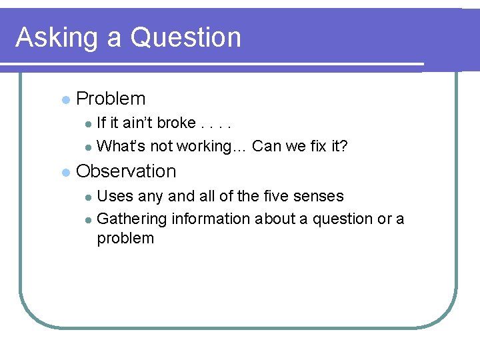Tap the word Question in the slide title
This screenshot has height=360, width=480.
pyautogui.click(x=185, y=37)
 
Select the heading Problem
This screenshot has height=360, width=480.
pyautogui.click(x=111, y=99)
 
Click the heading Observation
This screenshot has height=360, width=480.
pyautogui.click(x=126, y=171)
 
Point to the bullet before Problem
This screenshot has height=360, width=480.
pyautogui.click(x=65, y=100)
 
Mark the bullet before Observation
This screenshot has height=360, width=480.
pyautogui.click(x=65, y=173)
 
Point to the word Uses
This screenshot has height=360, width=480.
pyautogui.click(x=115, y=196)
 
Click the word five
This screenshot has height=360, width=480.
pyautogui.click(x=277, y=196)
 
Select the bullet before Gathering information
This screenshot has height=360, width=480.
pyautogui.click(x=89, y=220)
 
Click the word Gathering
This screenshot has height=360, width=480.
pyautogui.click(x=132, y=219)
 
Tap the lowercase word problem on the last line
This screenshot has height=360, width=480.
pyautogui.click(x=125, y=239)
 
